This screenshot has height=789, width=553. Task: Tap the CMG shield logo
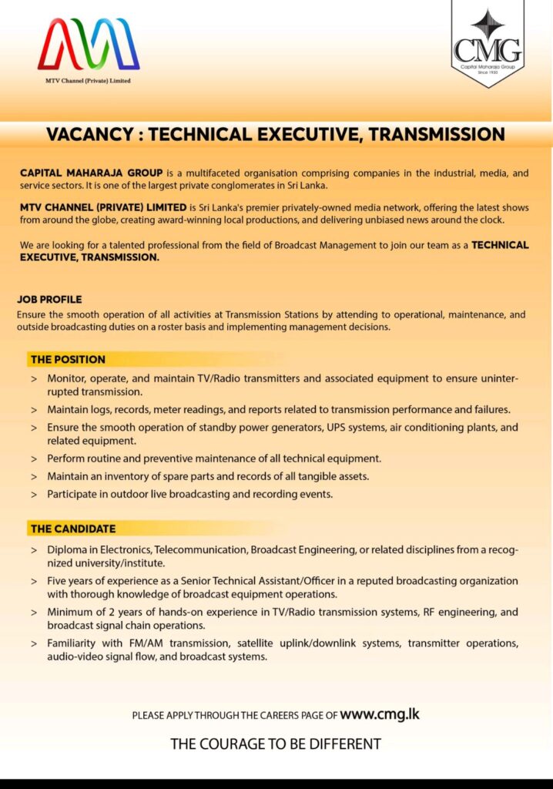[487, 45]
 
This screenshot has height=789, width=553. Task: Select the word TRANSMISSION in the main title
[436, 135]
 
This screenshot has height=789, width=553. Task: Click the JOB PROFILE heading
[49, 299]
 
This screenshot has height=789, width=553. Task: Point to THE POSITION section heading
[68, 359]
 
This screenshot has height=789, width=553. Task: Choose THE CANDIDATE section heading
[73, 529]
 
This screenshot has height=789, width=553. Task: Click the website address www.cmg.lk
[379, 714]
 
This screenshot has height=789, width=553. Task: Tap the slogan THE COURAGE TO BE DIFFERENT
[276, 744]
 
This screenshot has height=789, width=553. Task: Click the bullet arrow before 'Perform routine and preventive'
[34, 459]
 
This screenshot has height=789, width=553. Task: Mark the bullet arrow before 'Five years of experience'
[34, 582]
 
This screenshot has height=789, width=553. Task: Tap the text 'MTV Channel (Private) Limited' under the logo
[88, 80]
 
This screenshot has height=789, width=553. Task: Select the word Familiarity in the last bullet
[74, 643]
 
